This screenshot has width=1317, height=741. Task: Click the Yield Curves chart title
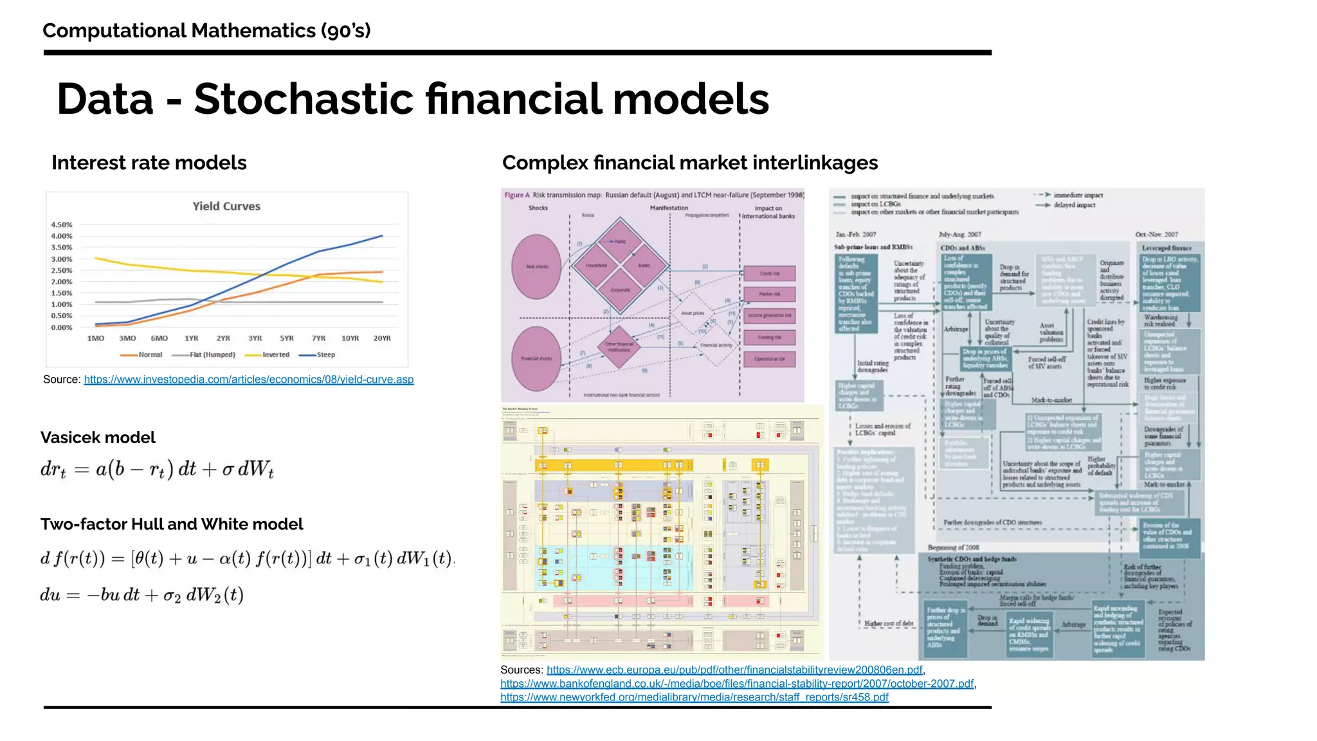tap(226, 206)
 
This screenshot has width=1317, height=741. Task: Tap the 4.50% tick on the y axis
tap(62, 225)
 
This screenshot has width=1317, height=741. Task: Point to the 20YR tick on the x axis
tap(382, 338)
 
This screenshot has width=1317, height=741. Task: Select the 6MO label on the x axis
tap(159, 338)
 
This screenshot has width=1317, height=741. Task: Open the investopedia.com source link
tap(248, 380)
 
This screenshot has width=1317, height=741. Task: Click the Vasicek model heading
tap(98, 437)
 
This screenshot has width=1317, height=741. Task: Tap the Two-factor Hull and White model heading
tap(172, 524)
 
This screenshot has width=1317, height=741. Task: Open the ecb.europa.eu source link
tap(734, 670)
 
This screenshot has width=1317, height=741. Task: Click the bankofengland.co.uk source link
tap(737, 683)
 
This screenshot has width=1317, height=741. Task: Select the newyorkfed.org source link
tap(695, 697)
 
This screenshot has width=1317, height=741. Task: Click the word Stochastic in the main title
tap(304, 99)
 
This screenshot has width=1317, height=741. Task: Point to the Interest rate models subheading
tap(149, 163)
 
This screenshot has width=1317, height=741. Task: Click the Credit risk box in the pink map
tap(769, 273)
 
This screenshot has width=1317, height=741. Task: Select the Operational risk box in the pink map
tap(769, 359)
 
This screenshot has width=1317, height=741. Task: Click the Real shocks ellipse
tap(536, 266)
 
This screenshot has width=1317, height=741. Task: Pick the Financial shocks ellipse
tap(536, 358)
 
